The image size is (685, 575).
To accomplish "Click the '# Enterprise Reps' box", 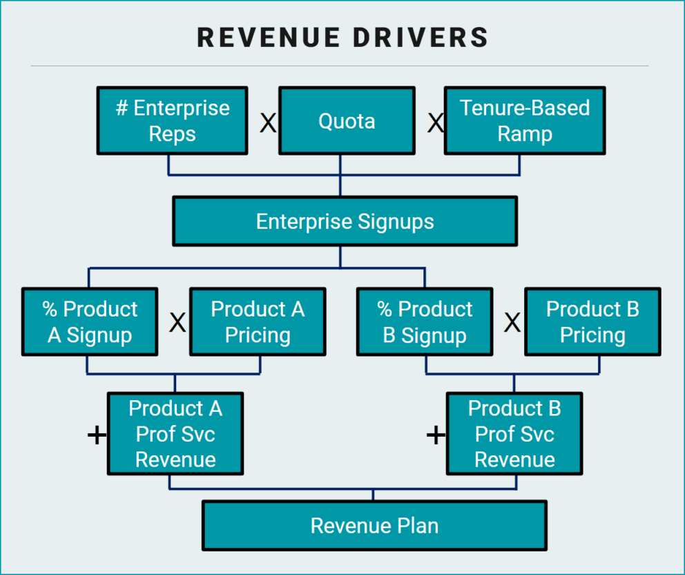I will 172,120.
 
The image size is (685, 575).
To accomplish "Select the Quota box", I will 347,121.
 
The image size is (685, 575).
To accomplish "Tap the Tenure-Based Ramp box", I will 525,120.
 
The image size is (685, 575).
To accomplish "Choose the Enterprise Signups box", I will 345,221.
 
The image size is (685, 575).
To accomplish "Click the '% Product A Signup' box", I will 89,322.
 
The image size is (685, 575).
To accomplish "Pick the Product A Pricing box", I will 258,322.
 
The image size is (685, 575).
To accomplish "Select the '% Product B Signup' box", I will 425,322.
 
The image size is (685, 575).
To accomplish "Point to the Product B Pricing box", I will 592,322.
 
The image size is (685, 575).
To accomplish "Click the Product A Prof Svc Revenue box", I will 175,434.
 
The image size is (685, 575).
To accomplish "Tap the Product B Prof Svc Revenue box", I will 514,434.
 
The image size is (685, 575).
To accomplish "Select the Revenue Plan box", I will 374,525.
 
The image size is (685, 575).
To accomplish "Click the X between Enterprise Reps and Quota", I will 267,124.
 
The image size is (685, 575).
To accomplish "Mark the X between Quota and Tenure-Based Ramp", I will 435,124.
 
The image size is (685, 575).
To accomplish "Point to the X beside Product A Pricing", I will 177,323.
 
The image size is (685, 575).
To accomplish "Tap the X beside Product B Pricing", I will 512,323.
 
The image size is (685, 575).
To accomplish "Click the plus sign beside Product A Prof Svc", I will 97,435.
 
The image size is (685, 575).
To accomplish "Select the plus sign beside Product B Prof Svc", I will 436,435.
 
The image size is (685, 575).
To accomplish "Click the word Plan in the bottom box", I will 416,525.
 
